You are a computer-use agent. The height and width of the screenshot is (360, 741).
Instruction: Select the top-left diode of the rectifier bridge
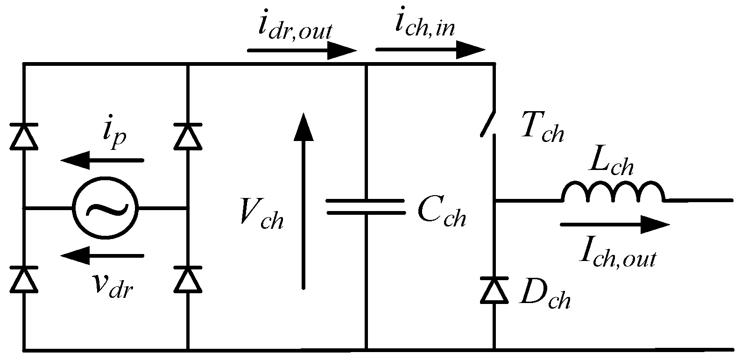pyautogui.click(x=23, y=136)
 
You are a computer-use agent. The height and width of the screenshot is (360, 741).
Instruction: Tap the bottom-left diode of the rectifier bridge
pyautogui.click(x=23, y=279)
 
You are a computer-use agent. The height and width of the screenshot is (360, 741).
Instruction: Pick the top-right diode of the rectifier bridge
pyautogui.click(x=188, y=136)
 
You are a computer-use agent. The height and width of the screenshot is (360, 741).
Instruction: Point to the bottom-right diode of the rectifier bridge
pyautogui.click(x=188, y=279)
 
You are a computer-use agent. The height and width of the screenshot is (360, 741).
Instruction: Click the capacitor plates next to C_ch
pyautogui.click(x=366, y=206)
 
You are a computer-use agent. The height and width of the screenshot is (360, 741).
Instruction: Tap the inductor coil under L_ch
pyautogui.click(x=612, y=192)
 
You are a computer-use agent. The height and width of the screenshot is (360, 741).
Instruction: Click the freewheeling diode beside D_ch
pyautogui.click(x=494, y=289)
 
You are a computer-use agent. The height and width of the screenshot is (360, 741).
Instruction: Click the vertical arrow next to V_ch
pyautogui.click(x=303, y=201)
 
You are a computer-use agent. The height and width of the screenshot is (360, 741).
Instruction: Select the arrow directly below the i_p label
pyautogui.click(x=102, y=161)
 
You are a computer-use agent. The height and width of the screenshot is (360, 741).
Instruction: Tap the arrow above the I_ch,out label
pyautogui.click(x=614, y=225)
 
